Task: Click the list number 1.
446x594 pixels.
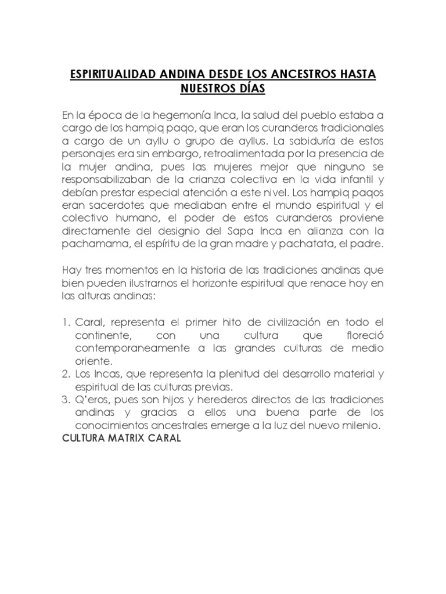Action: (65, 322)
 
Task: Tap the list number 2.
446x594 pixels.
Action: (65, 374)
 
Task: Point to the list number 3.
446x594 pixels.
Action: (65, 400)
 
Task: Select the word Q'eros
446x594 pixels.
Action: (91, 400)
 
